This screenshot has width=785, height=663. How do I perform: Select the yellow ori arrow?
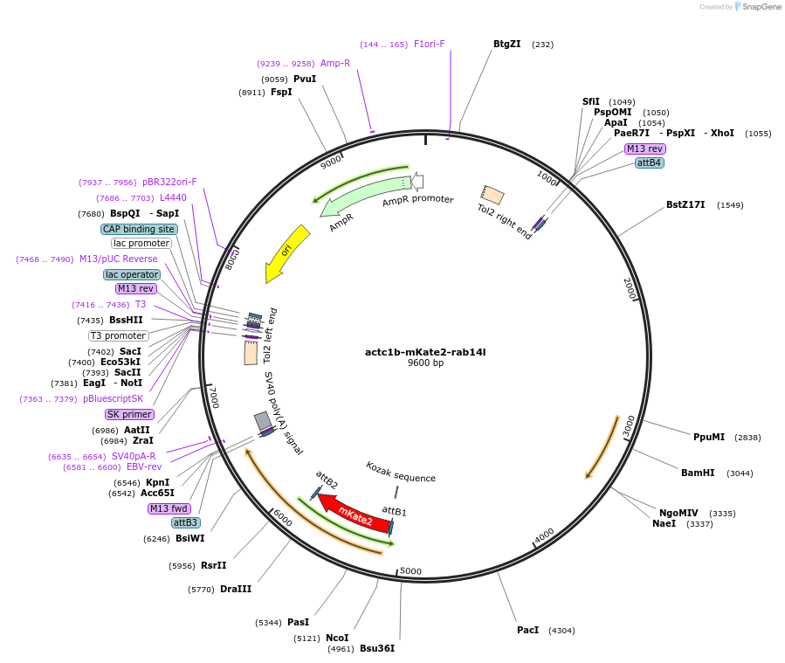tap(289, 252)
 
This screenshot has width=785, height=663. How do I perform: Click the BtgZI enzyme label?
tap(506, 44)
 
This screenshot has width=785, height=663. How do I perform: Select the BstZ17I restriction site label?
tap(685, 204)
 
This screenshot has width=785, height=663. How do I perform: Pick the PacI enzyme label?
tap(527, 630)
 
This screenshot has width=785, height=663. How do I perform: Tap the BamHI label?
tap(698, 473)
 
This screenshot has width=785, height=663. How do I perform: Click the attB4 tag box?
tap(649, 162)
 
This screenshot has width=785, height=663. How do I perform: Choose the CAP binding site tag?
tap(140, 229)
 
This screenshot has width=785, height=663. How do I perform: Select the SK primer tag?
tap(129, 414)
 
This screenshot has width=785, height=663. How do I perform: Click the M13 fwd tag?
tap(169, 508)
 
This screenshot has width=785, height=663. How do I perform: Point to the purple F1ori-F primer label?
tap(429, 44)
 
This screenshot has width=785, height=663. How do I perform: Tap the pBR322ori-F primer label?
tap(169, 182)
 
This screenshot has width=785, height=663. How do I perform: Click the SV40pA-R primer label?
tap(134, 456)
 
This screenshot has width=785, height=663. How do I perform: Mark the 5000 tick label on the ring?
tap(410, 572)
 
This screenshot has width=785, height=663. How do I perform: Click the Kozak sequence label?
tap(400, 477)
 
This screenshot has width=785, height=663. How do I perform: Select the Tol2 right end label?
tap(504, 222)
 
